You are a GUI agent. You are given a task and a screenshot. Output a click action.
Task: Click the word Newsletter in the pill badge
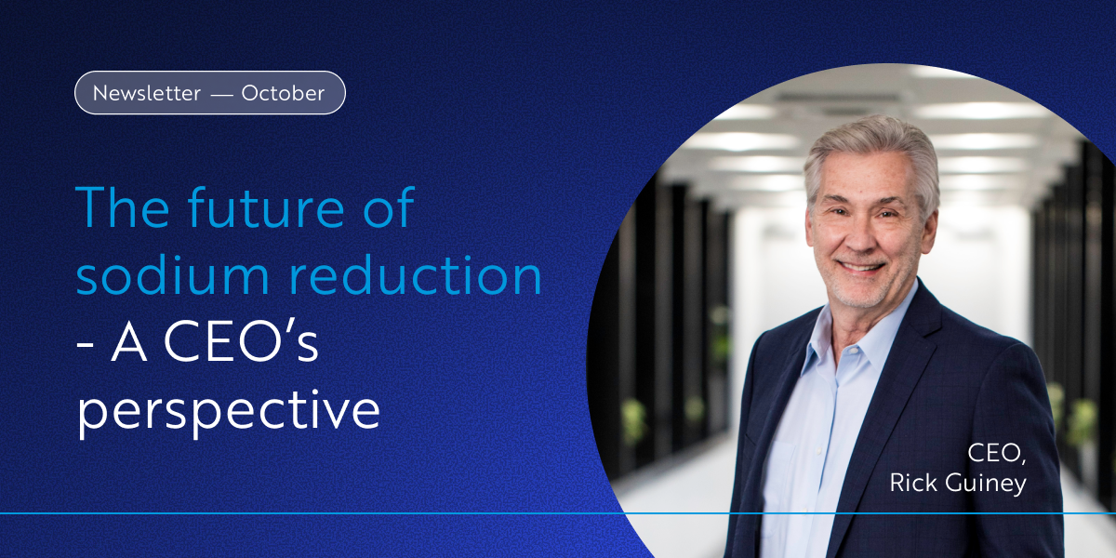[x=147, y=93]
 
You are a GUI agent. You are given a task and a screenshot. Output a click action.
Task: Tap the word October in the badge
[x=283, y=93]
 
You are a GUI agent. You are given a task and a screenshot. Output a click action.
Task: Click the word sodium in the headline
[x=173, y=275]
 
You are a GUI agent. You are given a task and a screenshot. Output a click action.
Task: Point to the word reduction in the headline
[x=416, y=275]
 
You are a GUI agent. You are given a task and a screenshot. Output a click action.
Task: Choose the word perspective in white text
[x=229, y=410]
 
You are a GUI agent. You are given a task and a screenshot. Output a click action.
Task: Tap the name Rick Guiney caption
[x=958, y=484]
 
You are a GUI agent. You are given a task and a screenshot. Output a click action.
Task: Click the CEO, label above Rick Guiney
[x=996, y=453]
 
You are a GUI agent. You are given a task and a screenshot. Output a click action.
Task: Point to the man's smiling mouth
[x=861, y=267]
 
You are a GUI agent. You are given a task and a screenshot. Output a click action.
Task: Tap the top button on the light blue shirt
[x=852, y=352]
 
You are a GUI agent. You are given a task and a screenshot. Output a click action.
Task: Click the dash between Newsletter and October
[x=221, y=94]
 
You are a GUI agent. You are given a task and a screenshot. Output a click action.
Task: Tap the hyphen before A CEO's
[x=85, y=346]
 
